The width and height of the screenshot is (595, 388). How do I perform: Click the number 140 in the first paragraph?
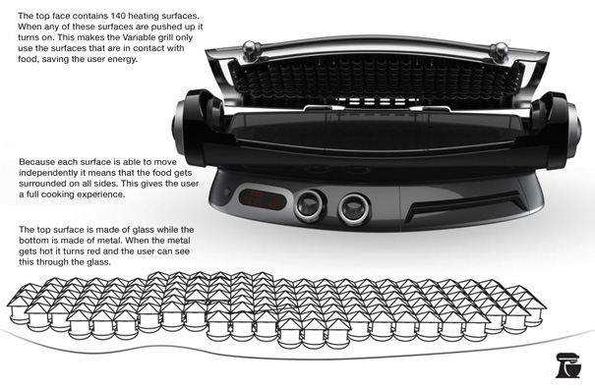pos(119,16)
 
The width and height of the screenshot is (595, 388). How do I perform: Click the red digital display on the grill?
pos(263,199)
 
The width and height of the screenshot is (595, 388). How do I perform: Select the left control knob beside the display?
pos(310,205)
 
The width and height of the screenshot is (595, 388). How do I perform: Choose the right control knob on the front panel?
pos(354,208)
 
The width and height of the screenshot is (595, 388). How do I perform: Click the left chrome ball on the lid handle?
pos(251,49)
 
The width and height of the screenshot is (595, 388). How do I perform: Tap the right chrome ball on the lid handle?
pos(499,51)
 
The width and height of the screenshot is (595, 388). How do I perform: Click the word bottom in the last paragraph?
pos(32,241)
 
